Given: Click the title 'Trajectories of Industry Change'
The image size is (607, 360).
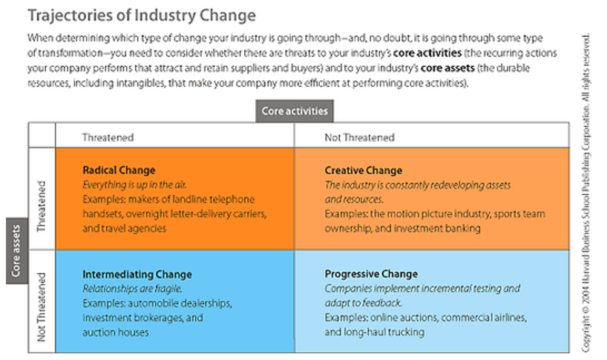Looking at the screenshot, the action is point(142,16).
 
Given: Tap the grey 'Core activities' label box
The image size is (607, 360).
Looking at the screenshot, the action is point(295,111).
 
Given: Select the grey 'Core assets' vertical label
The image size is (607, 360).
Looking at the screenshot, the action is point(16,251).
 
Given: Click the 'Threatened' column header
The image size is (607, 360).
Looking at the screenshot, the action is point(108,137).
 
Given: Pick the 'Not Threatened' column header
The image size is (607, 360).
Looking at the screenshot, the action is point(360,137).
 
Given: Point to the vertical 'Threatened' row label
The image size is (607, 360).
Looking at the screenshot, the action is point(41,206).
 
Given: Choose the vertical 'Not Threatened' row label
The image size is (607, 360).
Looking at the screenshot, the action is point(41,307).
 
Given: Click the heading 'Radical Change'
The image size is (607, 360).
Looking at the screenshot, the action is point(119,170).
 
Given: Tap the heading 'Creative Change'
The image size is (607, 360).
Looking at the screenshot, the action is point(364,170).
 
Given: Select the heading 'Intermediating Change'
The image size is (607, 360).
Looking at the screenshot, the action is point(137,275).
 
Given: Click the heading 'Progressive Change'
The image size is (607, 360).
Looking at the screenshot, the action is point(371,274).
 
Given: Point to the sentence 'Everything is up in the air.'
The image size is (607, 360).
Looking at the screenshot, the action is point(134,185).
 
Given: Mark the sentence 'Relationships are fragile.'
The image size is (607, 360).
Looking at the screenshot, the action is point(132,289).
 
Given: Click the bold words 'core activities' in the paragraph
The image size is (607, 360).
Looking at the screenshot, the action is point(427,53).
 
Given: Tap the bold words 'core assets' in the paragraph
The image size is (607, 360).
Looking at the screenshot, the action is point(447,68).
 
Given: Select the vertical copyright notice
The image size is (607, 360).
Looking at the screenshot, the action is point(586,193).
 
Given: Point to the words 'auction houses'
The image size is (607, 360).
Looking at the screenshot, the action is point(115,333).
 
